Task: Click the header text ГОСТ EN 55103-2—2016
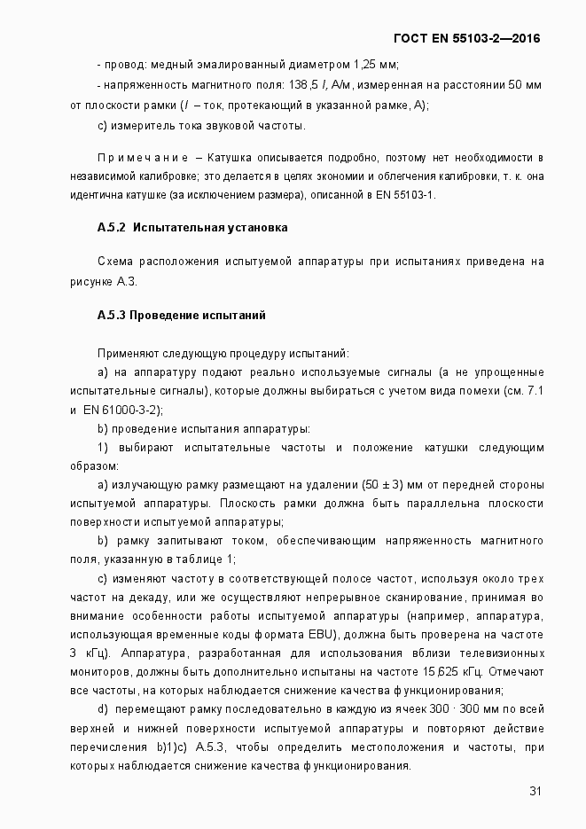pos(465,39)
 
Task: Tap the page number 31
pos(535,791)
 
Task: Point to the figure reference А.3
pos(127,281)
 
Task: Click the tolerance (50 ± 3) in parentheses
pos(388,484)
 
